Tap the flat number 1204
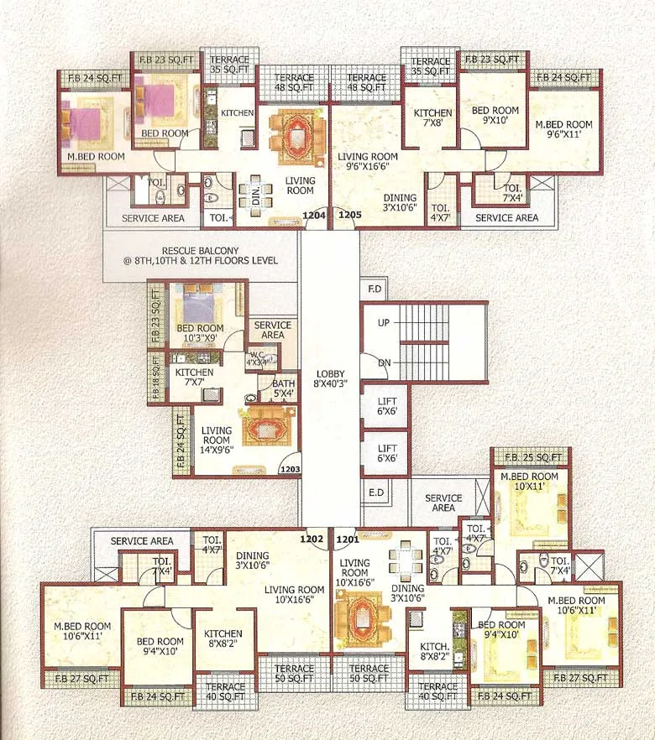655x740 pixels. tap(314, 216)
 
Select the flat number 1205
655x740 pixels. tap(349, 216)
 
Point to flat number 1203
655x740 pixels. tap(290, 469)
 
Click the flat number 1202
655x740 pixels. tap(313, 539)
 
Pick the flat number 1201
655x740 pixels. tap(348, 539)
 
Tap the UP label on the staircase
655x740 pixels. tap(384, 323)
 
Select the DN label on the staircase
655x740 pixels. tap(384, 362)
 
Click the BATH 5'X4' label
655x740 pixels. tap(283, 388)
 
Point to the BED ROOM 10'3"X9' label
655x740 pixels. tap(200, 333)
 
